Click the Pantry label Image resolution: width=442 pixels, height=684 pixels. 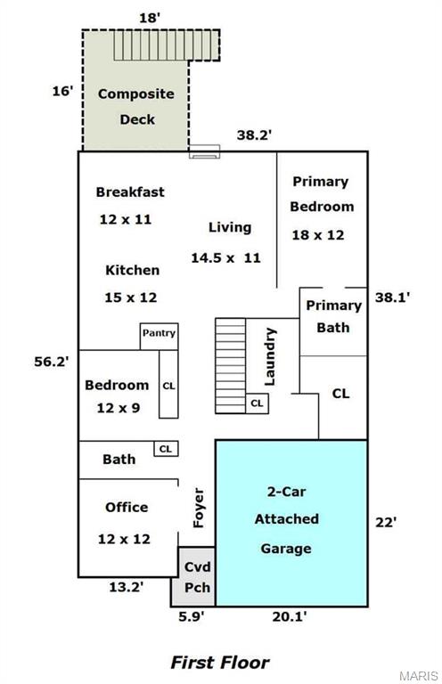click(159, 333)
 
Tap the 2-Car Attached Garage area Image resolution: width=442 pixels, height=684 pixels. click(291, 523)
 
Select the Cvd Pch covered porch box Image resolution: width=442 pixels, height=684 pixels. click(197, 576)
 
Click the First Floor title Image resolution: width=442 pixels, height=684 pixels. click(220, 663)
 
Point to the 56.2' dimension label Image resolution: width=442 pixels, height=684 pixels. click(52, 362)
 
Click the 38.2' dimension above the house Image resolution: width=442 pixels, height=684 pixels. click(254, 134)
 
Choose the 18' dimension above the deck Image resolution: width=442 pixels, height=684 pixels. click(150, 18)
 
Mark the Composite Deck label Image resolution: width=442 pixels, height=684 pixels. click(136, 107)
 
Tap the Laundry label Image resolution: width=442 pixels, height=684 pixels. click(271, 357)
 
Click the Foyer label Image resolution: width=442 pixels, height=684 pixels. click(198, 508)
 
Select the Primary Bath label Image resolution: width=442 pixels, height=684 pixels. click(334, 316)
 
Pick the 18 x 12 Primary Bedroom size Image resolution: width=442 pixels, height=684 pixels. click(317, 235)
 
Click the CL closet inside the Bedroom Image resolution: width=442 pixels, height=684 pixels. click(168, 384)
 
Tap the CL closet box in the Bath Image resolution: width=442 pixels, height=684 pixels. click(166, 449)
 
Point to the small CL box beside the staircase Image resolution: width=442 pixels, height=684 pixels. click(257, 403)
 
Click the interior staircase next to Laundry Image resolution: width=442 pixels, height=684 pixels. click(231, 365)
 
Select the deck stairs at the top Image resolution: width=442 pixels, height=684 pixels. click(167, 45)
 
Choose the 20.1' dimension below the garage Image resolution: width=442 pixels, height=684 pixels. click(290, 616)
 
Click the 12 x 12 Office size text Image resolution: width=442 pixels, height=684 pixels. click(124, 539)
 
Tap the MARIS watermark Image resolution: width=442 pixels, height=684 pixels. click(419, 676)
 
